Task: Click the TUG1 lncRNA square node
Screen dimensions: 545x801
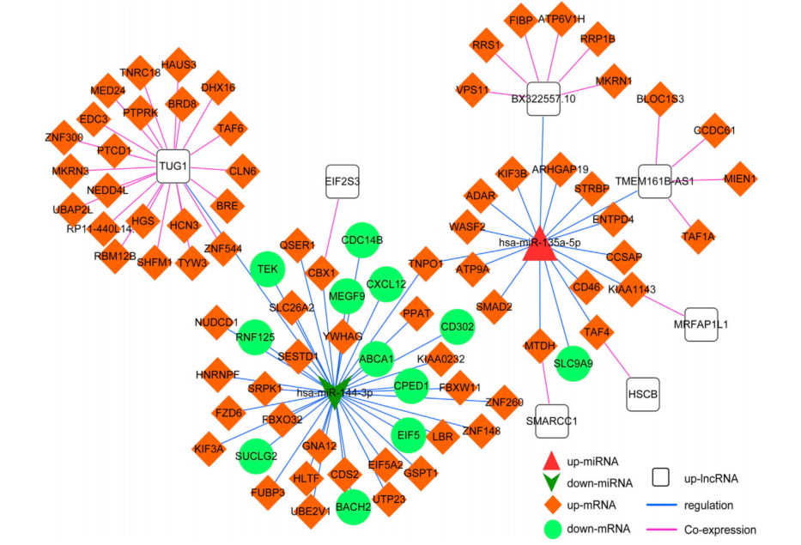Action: click(x=173, y=166)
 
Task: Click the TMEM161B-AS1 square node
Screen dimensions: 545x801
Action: click(x=655, y=180)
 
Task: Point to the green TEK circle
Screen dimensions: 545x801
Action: click(x=268, y=269)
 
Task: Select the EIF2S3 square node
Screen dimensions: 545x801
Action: click(x=343, y=182)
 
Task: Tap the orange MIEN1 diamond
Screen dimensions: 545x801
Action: click(x=740, y=179)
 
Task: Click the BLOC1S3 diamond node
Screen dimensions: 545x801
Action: click(x=660, y=99)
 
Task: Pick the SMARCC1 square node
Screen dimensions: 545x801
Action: click(x=551, y=421)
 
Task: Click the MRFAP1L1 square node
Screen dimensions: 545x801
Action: click(x=701, y=324)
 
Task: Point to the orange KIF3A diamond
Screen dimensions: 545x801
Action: click(x=209, y=448)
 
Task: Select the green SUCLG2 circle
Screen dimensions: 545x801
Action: click(x=256, y=455)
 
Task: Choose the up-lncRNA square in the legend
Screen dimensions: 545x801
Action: click(x=662, y=477)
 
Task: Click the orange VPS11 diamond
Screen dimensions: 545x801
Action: click(x=473, y=89)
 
